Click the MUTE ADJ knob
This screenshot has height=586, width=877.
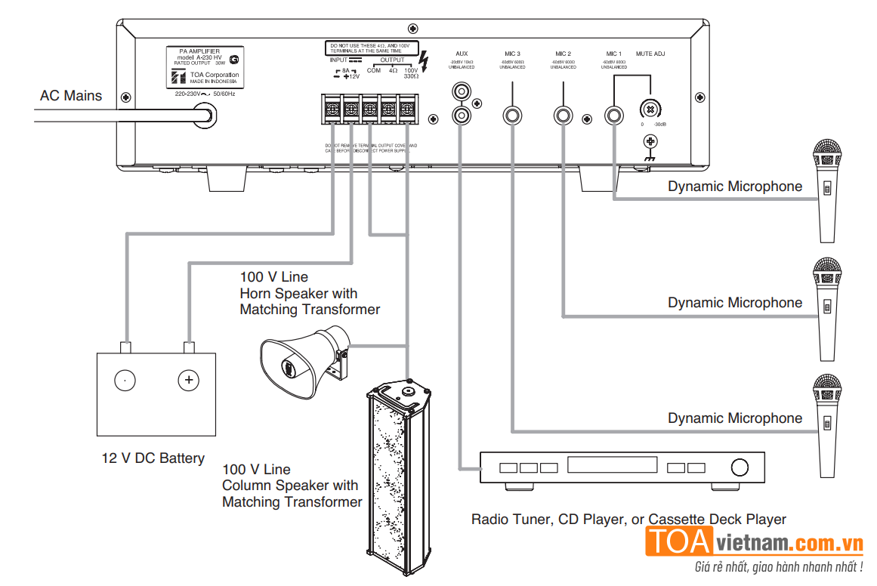pyautogui.click(x=649, y=107)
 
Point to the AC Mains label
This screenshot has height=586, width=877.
pyautogui.click(x=71, y=95)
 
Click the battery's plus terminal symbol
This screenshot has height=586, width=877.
pyautogui.click(x=189, y=380)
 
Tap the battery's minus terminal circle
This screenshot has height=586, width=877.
pyautogui.click(x=125, y=380)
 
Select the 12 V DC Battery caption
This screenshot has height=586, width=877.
pyautogui.click(x=153, y=458)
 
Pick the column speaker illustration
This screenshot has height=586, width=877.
pyautogui.click(x=397, y=476)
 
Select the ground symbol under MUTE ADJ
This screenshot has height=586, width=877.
pyautogui.click(x=649, y=142)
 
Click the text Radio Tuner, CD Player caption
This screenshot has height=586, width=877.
pyautogui.click(x=628, y=520)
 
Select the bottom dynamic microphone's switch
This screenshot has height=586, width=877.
pyautogui.click(x=827, y=425)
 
